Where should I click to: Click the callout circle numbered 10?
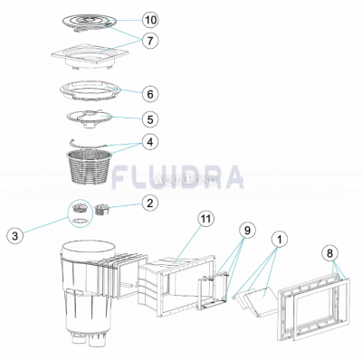[149, 19]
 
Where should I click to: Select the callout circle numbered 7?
[149, 42]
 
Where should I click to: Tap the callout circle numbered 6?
[149, 93]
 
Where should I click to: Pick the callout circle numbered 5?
[149, 118]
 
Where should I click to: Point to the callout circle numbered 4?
[149, 142]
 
